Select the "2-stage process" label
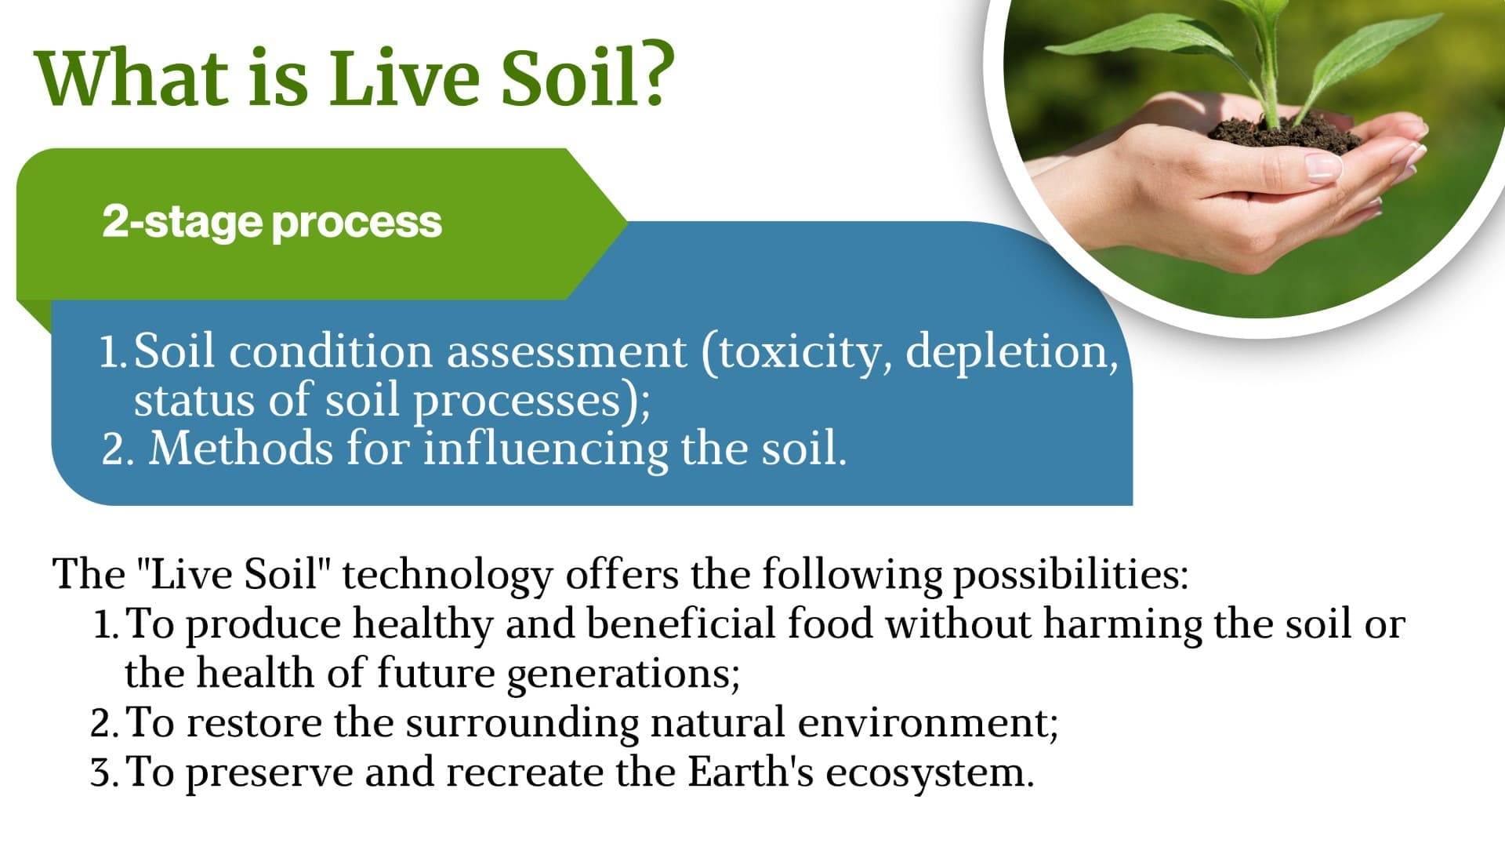pos(272,222)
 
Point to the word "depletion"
pos(1012,352)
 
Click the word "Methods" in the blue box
pos(241,449)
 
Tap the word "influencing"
pos(546,450)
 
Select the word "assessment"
pos(566,353)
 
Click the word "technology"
pos(448,576)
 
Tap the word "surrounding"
pos(522,724)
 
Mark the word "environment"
pos(928,724)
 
